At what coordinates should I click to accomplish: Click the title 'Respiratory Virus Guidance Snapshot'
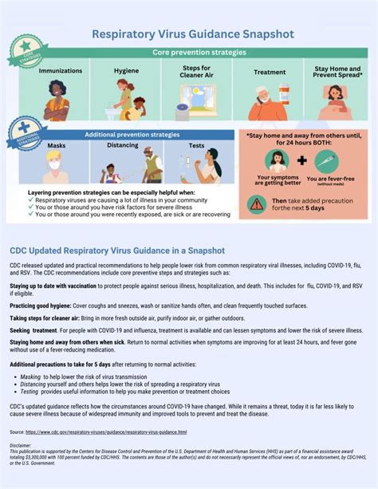point(193,34)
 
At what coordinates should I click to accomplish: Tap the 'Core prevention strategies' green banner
point(199,53)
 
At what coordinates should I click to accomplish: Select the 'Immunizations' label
point(61,70)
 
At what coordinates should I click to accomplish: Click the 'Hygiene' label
point(126,70)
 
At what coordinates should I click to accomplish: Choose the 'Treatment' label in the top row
point(270,71)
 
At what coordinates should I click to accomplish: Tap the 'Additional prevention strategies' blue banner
point(132,135)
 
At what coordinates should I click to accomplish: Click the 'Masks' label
point(57,146)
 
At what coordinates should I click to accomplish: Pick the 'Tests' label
point(196,146)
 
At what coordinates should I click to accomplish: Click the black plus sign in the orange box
point(301,161)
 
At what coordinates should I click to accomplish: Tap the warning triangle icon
point(257,203)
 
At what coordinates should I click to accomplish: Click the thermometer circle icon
point(327,161)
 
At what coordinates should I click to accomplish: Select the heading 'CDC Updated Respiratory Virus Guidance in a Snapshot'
point(117,250)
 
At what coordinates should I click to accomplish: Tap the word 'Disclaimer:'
point(22,445)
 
